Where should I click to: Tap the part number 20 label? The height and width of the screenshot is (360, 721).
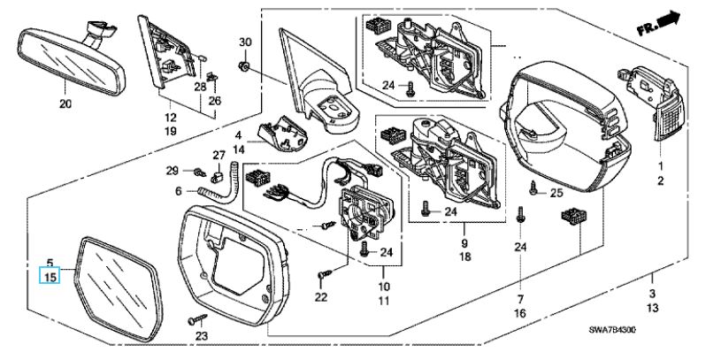(64, 104)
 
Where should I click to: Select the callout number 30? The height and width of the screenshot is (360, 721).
(246, 42)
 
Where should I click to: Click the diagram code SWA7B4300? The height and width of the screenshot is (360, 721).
(612, 329)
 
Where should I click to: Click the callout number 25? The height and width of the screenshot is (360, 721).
(556, 193)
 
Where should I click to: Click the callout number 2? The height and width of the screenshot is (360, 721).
(659, 181)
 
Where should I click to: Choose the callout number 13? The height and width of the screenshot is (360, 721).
(652, 309)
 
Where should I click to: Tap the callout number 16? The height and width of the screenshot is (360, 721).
(519, 313)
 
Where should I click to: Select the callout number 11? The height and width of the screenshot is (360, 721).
(384, 303)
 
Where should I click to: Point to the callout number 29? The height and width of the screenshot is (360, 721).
(174, 170)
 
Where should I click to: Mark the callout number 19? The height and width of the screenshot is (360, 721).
(171, 131)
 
